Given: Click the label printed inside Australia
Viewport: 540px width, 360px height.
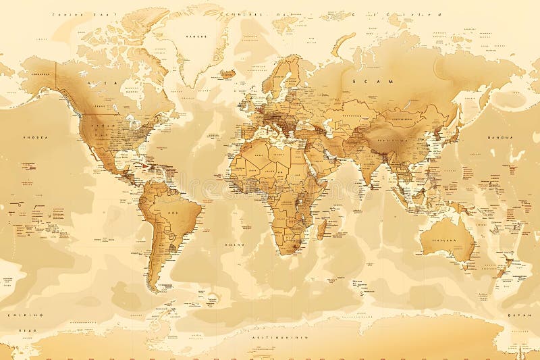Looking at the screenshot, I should click(x=443, y=239).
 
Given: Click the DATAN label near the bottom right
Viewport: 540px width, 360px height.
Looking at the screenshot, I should click(x=517, y=315).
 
